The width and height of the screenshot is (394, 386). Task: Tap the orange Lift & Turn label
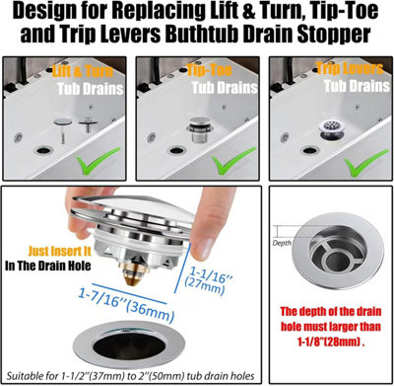(x=83, y=71)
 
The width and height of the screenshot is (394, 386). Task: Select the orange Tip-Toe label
(x=210, y=70)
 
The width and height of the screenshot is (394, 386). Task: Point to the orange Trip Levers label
(x=350, y=68)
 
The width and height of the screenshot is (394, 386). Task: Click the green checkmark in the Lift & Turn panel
(x=98, y=159)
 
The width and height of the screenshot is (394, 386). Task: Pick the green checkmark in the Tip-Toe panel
(x=233, y=159)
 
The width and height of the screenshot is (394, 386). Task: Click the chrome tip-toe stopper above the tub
(x=200, y=129)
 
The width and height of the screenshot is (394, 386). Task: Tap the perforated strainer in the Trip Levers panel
(x=332, y=130)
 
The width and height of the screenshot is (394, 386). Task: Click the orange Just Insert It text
(x=59, y=252)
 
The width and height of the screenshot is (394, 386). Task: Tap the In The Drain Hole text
(x=48, y=266)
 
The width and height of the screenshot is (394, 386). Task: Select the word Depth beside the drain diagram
(x=282, y=243)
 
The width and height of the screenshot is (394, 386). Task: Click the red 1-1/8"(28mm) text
(x=331, y=342)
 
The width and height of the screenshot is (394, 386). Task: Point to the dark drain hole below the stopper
(x=129, y=345)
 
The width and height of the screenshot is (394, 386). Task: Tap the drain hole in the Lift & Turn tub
(x=44, y=150)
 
